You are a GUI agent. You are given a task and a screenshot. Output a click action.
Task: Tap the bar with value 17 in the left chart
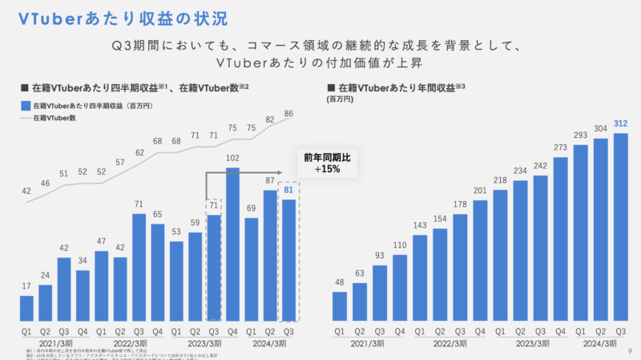pos(26,307)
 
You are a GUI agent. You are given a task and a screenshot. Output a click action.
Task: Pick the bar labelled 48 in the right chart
pos(340,305)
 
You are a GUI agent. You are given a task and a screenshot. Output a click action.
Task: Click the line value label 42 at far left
pos(26,191)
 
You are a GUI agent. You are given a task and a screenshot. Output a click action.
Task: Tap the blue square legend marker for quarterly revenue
pos(26,106)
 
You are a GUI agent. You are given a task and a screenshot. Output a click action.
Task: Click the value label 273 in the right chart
pos(561,147)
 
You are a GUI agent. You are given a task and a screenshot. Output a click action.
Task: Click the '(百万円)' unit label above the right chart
pos(340,99)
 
